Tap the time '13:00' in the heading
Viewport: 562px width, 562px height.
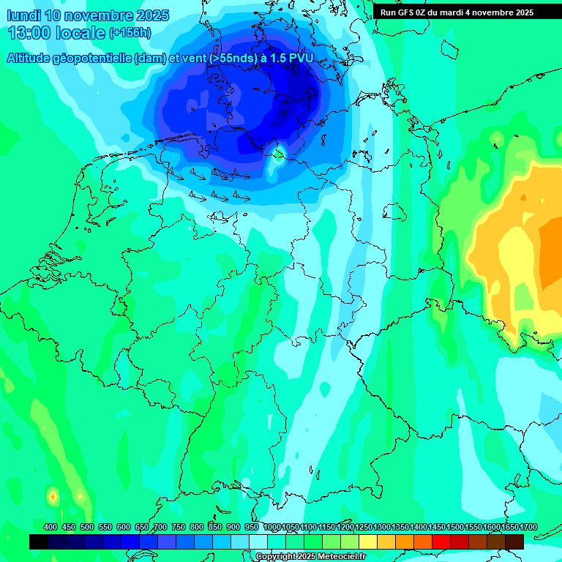point(29,33)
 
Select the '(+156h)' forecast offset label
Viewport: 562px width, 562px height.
point(131,33)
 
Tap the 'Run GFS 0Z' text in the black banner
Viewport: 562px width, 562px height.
point(405,12)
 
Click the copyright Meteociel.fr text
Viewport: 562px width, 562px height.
point(311,557)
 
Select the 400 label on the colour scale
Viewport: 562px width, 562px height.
point(50,528)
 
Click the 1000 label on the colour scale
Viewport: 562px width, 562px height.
point(272,528)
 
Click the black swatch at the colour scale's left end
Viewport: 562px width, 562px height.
point(39,542)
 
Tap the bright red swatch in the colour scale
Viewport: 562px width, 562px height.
point(441,542)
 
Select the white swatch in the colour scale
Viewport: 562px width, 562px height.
point(258,542)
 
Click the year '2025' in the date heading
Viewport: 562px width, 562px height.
point(151,15)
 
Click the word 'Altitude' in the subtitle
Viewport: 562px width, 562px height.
point(31,58)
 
